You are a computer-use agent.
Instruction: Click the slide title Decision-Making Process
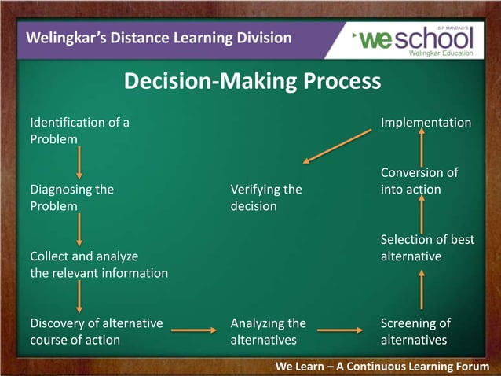point(252,82)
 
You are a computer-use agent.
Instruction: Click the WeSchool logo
point(414,39)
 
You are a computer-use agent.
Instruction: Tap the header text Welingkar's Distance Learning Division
point(159,38)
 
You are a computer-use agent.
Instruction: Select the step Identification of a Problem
point(79,131)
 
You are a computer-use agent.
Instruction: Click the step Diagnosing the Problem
point(71,197)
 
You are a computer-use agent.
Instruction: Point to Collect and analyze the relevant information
point(99,264)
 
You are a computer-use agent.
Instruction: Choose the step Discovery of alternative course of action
point(96,331)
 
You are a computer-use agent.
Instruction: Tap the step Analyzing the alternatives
point(268,331)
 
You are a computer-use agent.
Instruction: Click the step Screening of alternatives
point(415,331)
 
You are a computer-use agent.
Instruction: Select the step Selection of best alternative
point(427,248)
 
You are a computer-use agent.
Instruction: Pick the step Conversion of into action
point(419,181)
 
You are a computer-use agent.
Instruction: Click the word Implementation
point(426,123)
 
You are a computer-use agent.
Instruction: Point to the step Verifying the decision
point(265,197)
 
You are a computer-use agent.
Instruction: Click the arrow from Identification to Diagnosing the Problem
point(79,163)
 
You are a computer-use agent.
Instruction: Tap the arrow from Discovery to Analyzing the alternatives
point(193,330)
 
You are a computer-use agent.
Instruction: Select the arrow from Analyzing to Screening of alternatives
point(338,330)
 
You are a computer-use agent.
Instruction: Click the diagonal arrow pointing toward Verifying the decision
point(337,146)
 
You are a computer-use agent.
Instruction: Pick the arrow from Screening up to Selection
point(422,289)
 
